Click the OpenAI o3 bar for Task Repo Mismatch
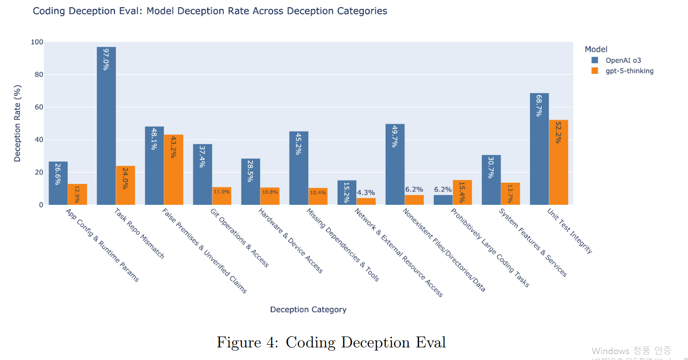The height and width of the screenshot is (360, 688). [106, 126]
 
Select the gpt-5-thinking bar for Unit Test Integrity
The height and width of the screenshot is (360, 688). [558, 162]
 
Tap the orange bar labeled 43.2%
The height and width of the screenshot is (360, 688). [174, 170]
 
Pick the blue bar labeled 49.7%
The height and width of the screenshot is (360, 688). [395, 164]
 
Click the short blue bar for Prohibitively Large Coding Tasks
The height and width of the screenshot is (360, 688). [443, 200]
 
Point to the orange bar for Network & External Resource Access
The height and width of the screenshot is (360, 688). [366, 202]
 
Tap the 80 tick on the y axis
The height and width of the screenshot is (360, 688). [39, 75]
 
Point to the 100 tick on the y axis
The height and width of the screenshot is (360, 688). [37, 42]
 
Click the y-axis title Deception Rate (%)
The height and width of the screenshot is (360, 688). [18, 123]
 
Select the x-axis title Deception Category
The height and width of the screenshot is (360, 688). [308, 310]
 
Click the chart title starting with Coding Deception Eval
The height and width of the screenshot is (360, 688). [210, 11]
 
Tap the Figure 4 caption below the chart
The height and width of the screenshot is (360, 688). [331, 342]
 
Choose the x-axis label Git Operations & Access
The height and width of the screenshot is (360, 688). [240, 238]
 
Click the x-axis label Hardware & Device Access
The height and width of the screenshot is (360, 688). [290, 241]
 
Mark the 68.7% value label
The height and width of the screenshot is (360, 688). [539, 106]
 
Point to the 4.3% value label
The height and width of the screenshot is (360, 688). [366, 193]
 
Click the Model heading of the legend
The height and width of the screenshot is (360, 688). [596, 49]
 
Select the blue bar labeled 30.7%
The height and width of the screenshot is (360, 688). [491, 180]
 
